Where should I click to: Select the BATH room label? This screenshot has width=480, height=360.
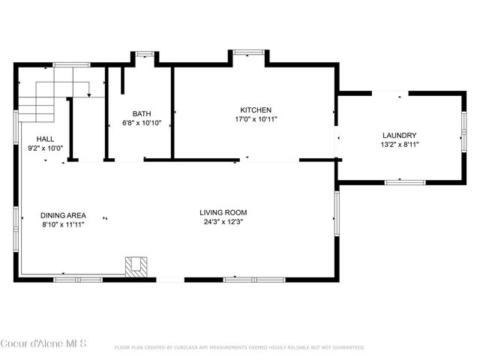click(142, 114)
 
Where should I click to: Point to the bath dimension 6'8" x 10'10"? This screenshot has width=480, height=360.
click(142, 123)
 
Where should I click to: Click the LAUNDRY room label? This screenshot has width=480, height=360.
click(399, 136)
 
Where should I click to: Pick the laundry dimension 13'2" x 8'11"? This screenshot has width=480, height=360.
click(399, 145)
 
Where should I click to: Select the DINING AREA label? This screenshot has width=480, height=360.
click(63, 215)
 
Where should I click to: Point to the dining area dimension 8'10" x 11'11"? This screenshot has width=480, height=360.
click(63, 224)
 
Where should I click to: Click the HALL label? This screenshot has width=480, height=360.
click(45, 139)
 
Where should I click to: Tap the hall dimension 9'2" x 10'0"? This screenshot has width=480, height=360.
click(45, 148)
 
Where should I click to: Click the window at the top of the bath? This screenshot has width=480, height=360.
click(144, 53)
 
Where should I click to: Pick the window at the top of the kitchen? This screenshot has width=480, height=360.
click(248, 52)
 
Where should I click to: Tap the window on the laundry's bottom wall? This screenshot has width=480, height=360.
click(405, 181)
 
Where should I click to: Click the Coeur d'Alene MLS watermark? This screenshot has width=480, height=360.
click(43, 344)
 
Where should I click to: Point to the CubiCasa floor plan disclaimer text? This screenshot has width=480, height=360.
click(240, 347)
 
